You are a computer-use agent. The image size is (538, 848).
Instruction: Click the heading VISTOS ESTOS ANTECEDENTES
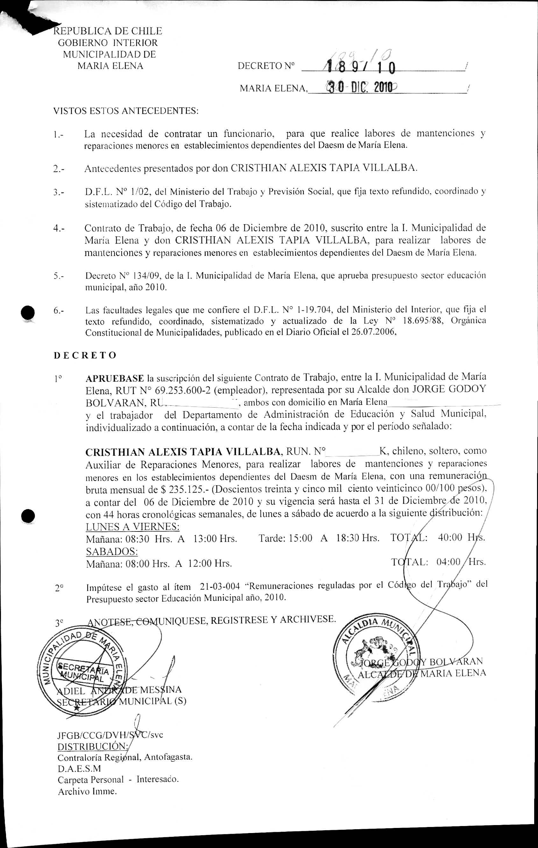126,111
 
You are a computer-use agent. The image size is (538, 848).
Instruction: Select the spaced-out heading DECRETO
85,355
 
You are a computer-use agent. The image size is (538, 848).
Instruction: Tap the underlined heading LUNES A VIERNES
133,526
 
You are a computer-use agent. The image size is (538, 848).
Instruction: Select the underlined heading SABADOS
112,551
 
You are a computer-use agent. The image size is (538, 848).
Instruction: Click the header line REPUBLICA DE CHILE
107,31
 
